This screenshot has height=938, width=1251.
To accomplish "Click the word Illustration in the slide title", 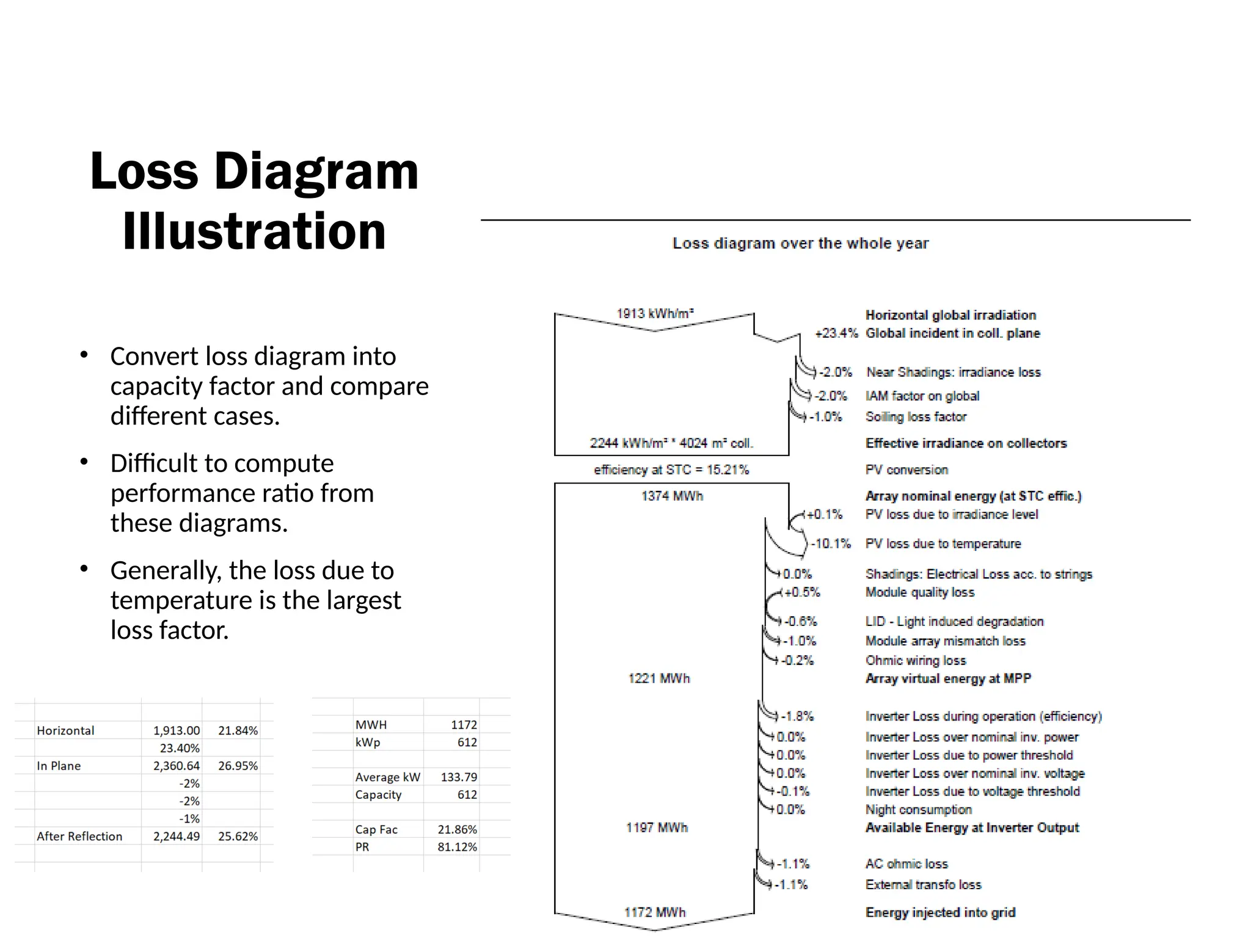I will click(x=254, y=231).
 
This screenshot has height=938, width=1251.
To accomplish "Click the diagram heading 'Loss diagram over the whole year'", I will click(x=800, y=243).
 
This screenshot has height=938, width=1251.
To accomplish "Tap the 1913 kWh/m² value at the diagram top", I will click(x=655, y=314).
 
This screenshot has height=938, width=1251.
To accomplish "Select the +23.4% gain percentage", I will click(x=836, y=333).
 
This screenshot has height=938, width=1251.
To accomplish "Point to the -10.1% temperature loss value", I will click(x=831, y=544).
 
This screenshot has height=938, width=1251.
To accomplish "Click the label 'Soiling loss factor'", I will click(x=916, y=417).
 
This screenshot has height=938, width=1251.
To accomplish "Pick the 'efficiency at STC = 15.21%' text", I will click(x=671, y=470).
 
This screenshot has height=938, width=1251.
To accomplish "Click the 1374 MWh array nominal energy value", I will click(x=672, y=496).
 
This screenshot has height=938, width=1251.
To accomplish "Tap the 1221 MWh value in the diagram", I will click(x=658, y=678).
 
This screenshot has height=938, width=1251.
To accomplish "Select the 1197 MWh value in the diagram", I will click(x=657, y=827).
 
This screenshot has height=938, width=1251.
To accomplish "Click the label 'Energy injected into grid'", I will click(x=940, y=912).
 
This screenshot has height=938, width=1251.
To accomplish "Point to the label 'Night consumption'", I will click(x=918, y=810).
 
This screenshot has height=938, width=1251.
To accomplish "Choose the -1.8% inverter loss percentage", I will click(x=797, y=716).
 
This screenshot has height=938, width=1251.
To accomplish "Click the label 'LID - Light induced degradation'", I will click(x=954, y=622).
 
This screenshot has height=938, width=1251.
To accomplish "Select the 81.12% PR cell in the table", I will click(x=457, y=847).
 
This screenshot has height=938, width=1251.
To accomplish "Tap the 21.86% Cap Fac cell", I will click(x=457, y=829).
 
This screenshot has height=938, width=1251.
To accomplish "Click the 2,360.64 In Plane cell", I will click(x=176, y=766).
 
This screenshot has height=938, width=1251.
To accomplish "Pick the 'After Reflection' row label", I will click(x=79, y=837).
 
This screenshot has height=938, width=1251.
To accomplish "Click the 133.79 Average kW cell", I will click(x=459, y=777).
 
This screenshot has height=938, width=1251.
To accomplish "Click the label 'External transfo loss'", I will click(x=923, y=885).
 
